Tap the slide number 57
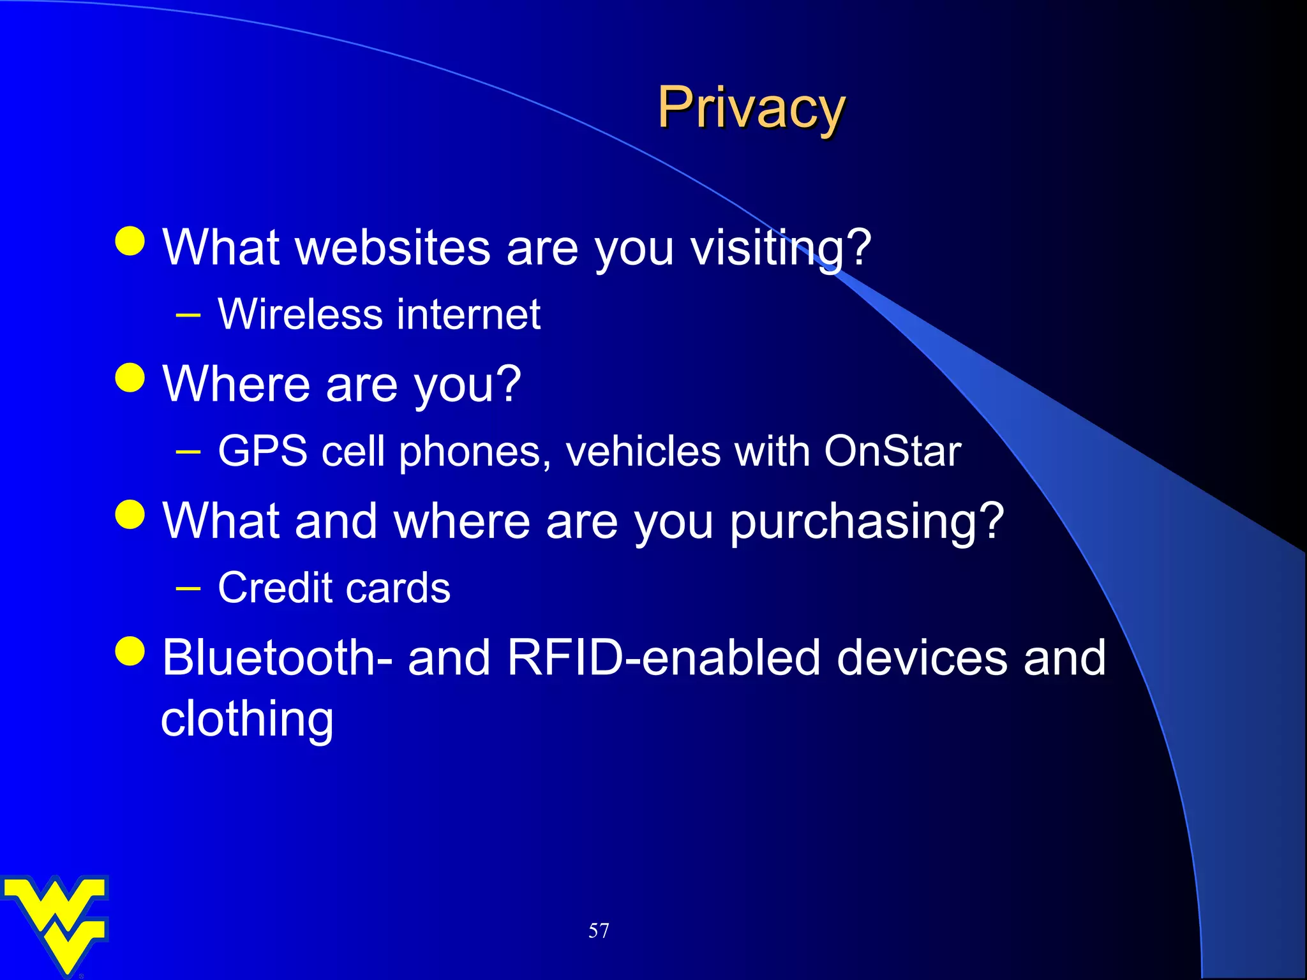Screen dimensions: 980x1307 click(x=598, y=931)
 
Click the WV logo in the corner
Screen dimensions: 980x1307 click(x=56, y=923)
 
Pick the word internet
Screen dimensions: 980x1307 click(x=469, y=315)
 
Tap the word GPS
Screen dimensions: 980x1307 click(x=262, y=451)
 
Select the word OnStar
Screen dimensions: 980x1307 click(x=892, y=451)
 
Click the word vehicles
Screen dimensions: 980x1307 click(x=643, y=451)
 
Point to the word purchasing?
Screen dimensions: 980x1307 click(x=867, y=522)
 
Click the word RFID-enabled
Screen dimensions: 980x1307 click(x=664, y=658)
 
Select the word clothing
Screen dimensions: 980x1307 click(x=247, y=719)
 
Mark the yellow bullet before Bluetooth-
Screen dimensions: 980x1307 click(x=130, y=651)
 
